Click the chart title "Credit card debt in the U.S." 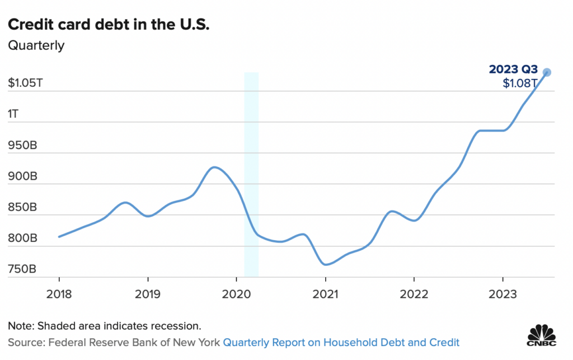[106, 25]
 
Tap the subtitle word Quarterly [36, 45]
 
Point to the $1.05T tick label [25, 83]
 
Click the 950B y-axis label [22, 146]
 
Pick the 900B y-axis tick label [22, 176]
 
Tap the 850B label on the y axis [22, 208]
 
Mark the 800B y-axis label [22, 239]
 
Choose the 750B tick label [22, 269]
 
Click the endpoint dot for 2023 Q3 [547, 72]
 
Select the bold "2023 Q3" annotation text [513, 69]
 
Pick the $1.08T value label [520, 84]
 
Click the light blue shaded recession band [251, 174]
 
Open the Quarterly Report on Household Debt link [341, 342]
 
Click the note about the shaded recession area [104, 326]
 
